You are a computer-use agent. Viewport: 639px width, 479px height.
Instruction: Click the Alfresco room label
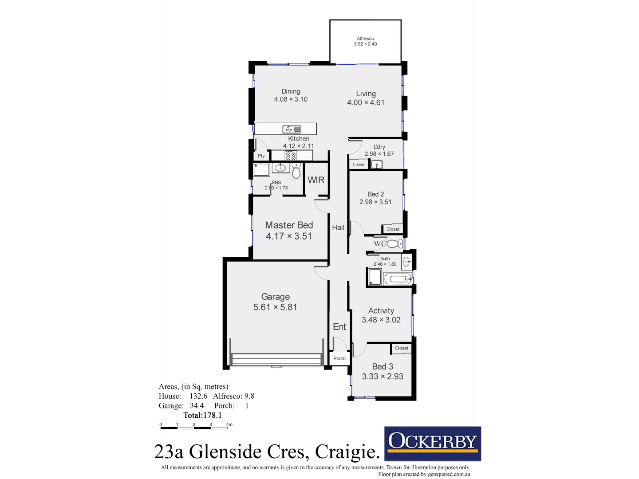365,39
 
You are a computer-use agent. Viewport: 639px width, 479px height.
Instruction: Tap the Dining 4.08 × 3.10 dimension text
291,99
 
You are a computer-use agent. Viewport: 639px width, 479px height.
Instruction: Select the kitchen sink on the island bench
292,130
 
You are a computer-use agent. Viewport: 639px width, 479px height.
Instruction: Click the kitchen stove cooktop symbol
291,156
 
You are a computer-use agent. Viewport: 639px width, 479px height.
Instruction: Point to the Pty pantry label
261,156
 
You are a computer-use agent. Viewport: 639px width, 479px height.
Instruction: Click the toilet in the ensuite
296,171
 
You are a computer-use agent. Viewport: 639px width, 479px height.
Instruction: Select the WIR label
316,180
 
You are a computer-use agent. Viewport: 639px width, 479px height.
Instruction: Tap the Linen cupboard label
359,165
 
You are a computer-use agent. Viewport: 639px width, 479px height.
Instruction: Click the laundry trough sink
377,165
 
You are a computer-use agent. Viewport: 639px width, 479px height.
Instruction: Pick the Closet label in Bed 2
393,229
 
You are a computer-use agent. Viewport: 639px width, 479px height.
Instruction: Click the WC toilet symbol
394,243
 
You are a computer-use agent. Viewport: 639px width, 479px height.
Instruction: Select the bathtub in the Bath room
398,279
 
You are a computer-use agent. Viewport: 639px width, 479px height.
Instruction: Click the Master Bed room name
289,225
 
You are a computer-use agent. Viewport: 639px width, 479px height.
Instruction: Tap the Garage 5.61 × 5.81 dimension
275,307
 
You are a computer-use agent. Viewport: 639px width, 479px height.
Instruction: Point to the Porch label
339,358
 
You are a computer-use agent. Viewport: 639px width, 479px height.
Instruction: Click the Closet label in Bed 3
401,348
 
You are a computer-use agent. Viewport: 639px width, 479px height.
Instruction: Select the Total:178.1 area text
202,415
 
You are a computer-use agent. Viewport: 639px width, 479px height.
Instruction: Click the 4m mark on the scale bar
229,425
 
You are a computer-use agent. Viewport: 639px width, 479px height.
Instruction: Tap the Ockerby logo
432,444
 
